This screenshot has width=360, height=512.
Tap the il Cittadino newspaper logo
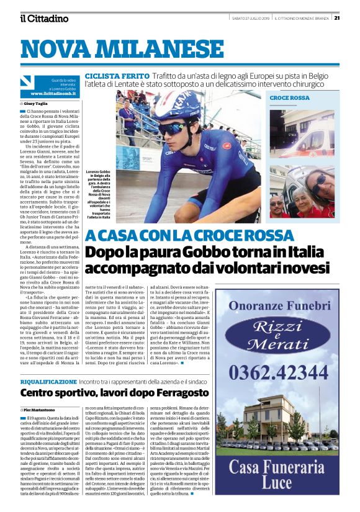[x=43, y=18]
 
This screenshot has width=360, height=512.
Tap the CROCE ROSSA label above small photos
[x=289, y=98]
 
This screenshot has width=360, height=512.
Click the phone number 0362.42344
[x=278, y=374]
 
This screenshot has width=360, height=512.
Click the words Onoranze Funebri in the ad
[x=278, y=306]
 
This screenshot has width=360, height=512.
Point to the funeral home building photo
[x=277, y=422]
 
